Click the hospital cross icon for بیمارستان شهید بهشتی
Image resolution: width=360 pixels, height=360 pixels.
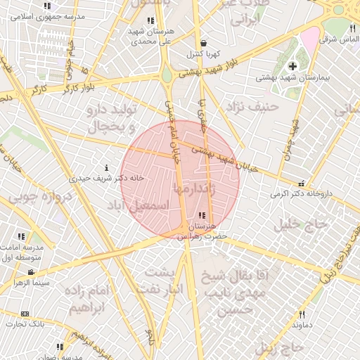[x=293, y=66]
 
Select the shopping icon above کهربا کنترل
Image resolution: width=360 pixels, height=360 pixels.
[x=203, y=44]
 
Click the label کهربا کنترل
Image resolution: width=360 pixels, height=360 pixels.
[x=204, y=53]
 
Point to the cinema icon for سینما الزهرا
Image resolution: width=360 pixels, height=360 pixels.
[x=31, y=272]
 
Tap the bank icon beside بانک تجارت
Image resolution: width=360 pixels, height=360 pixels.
[x=25, y=314]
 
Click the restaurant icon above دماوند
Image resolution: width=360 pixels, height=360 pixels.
[x=302, y=315]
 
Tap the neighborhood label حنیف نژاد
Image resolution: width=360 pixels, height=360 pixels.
[x=251, y=106]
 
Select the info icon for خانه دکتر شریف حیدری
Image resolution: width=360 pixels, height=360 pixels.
[x=106, y=168]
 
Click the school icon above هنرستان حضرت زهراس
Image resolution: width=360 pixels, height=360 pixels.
[x=202, y=216]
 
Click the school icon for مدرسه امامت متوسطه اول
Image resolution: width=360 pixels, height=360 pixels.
[x=22, y=236]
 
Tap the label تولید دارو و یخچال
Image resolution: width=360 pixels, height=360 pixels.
[x=110, y=117]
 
